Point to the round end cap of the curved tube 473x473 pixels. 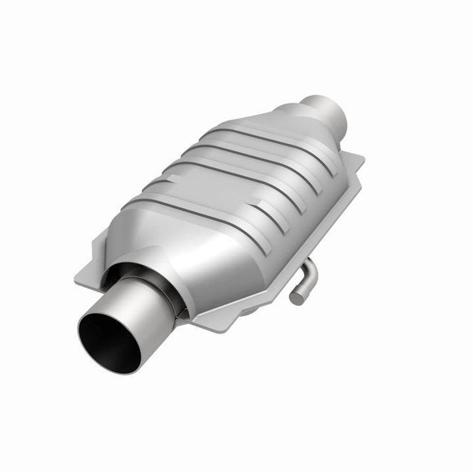coord(296,297)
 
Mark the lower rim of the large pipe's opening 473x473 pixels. coord(112,368)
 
